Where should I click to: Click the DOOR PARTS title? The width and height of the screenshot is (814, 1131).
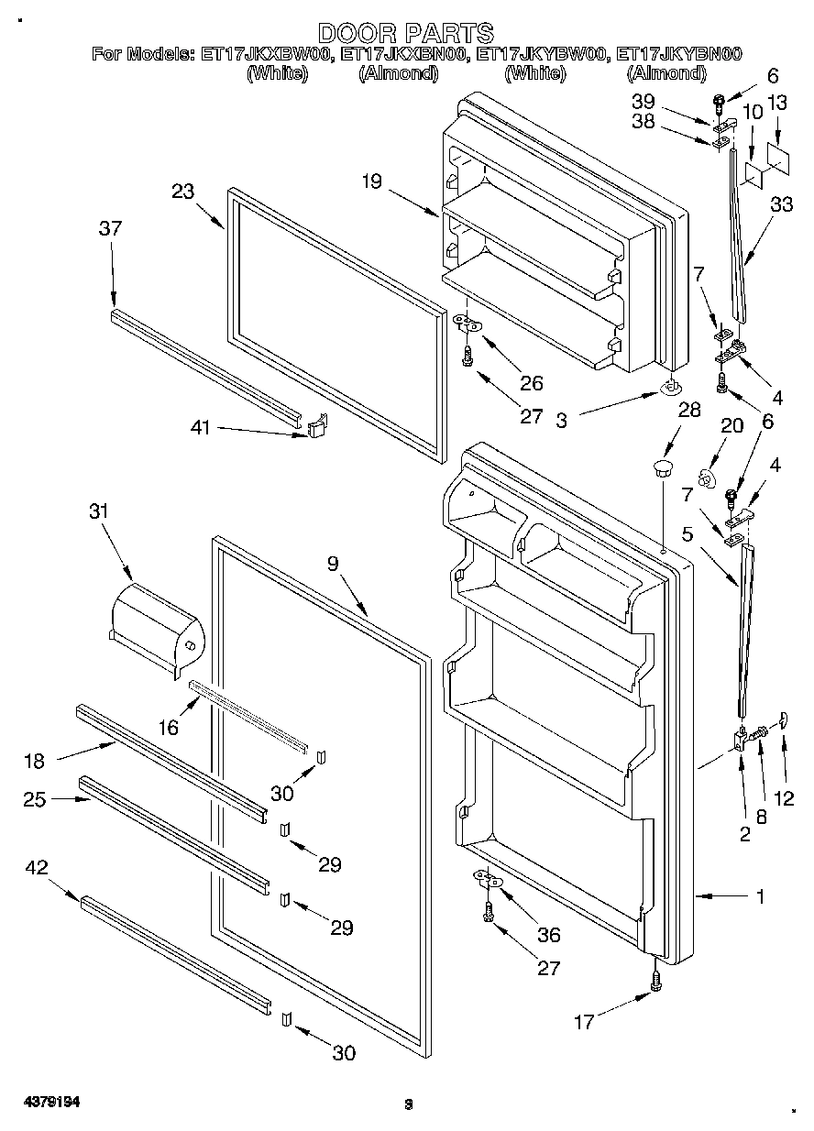(x=406, y=34)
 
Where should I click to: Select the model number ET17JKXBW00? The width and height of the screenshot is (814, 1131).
(x=265, y=55)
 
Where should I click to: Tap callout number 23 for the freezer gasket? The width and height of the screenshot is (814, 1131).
(x=183, y=192)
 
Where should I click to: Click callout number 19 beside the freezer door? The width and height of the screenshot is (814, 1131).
(x=371, y=181)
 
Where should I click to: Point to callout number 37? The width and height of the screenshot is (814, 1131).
(x=110, y=229)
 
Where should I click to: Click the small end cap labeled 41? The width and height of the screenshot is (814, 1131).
(x=316, y=425)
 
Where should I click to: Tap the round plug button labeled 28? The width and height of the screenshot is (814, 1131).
(x=660, y=470)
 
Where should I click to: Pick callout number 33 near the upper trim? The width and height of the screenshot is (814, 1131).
(x=782, y=206)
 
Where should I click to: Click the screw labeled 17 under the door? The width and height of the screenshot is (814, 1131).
(x=654, y=981)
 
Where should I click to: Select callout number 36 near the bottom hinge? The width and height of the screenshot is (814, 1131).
(x=550, y=935)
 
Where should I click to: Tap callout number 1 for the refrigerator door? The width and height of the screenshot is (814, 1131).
(x=760, y=897)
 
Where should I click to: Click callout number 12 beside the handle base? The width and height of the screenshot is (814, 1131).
(x=784, y=797)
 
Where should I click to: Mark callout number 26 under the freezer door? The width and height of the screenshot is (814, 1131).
(x=532, y=383)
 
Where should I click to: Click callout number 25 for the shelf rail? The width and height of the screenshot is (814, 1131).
(x=36, y=799)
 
